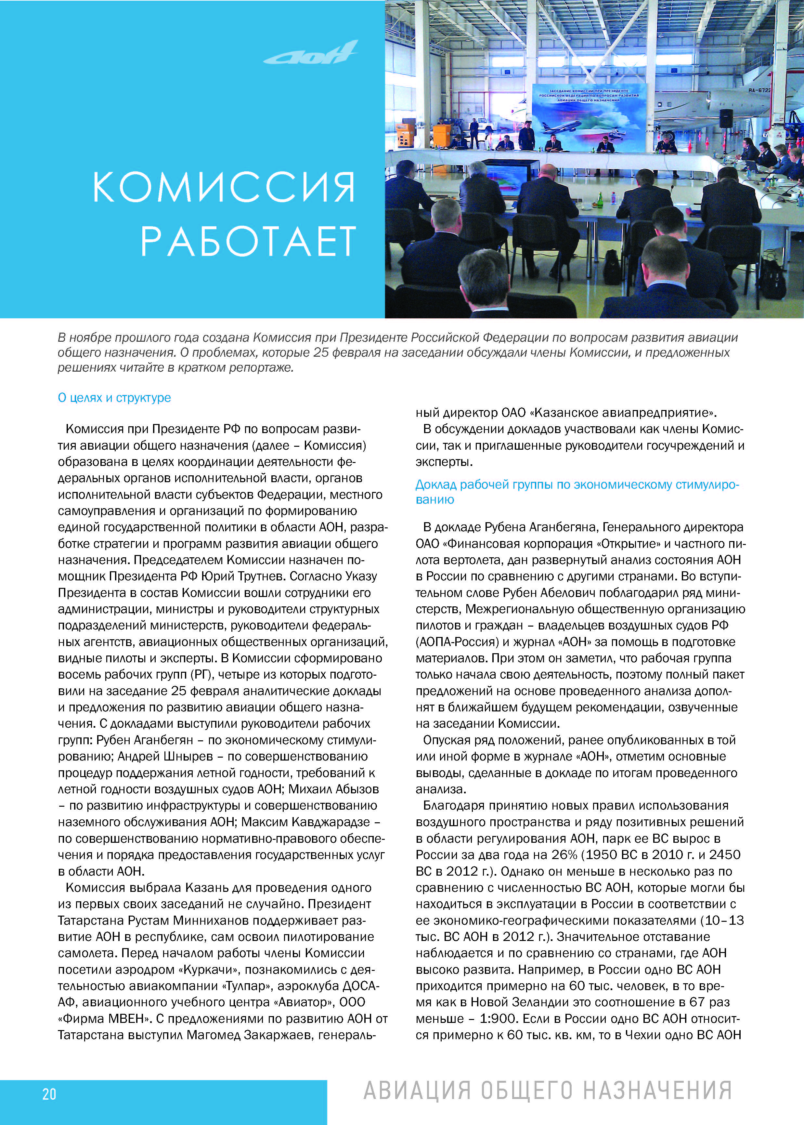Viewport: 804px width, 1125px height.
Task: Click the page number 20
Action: [x=49, y=1094]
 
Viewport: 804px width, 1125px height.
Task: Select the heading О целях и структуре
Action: [x=114, y=398]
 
